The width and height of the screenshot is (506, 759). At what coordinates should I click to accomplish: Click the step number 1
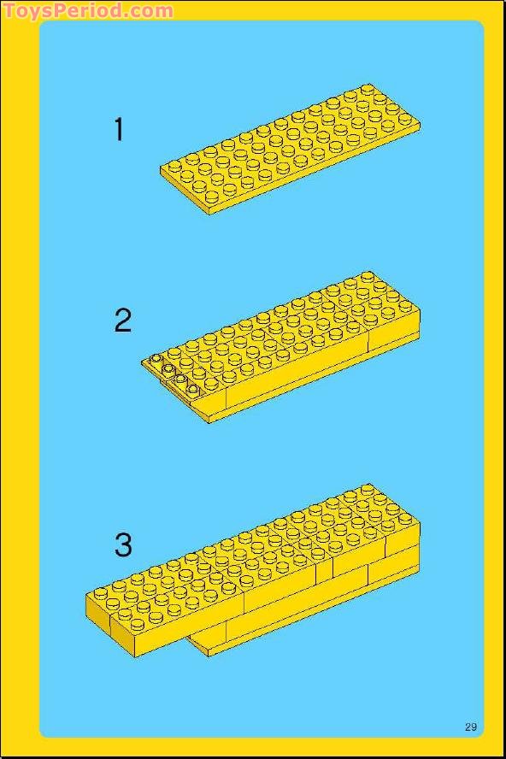pyautogui.click(x=119, y=129)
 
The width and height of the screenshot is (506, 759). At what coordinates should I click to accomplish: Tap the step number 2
pyautogui.click(x=123, y=321)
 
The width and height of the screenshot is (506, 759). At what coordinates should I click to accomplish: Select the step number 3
pyautogui.click(x=123, y=544)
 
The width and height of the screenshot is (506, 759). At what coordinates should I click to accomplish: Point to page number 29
pyautogui.click(x=471, y=727)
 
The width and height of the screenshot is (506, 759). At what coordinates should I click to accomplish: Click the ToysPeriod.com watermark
pyautogui.click(x=89, y=10)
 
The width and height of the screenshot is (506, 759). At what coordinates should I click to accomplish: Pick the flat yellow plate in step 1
pyautogui.click(x=290, y=149)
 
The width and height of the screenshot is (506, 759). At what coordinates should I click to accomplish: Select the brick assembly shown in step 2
pyautogui.click(x=281, y=347)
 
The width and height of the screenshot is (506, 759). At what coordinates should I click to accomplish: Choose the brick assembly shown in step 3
pyautogui.click(x=252, y=570)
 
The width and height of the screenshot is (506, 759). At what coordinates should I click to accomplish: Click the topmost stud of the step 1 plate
pyautogui.click(x=368, y=89)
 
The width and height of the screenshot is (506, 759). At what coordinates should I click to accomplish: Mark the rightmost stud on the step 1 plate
pyautogui.click(x=404, y=119)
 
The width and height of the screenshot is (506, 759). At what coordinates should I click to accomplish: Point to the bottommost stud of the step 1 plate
pyautogui.click(x=212, y=197)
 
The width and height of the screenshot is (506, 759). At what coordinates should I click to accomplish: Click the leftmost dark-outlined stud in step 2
pyautogui.click(x=156, y=359)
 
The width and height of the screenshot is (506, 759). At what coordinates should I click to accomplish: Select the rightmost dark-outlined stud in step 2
pyautogui.click(x=192, y=388)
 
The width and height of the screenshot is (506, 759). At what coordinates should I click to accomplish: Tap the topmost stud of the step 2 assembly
pyautogui.click(x=368, y=277)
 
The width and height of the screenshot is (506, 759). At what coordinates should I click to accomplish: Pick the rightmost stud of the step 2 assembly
pyautogui.click(x=404, y=305)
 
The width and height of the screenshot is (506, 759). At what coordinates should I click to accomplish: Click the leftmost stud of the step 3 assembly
pyautogui.click(x=101, y=593)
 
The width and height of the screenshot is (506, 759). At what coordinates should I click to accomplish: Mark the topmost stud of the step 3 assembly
pyautogui.click(x=368, y=490)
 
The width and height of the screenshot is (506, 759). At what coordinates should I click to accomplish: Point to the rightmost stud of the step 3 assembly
pyautogui.click(x=404, y=519)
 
